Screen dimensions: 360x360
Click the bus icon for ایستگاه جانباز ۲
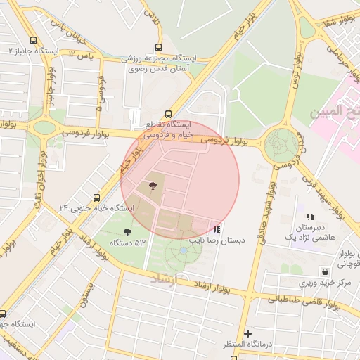click(34, 40)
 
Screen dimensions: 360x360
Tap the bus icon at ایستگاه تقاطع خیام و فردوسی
click(167, 114)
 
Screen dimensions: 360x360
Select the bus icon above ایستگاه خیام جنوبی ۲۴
click(96, 198)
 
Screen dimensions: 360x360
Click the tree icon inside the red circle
click(153, 186)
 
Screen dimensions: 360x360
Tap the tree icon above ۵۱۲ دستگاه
click(127, 231)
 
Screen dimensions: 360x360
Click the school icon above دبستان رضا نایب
click(217, 229)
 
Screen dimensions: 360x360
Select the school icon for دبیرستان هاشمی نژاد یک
click(310, 217)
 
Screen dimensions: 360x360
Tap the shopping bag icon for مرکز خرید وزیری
click(324, 271)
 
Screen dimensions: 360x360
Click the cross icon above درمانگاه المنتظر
click(247, 333)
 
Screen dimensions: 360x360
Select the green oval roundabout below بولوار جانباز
click(44, 128)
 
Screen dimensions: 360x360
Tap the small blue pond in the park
click(184, 250)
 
